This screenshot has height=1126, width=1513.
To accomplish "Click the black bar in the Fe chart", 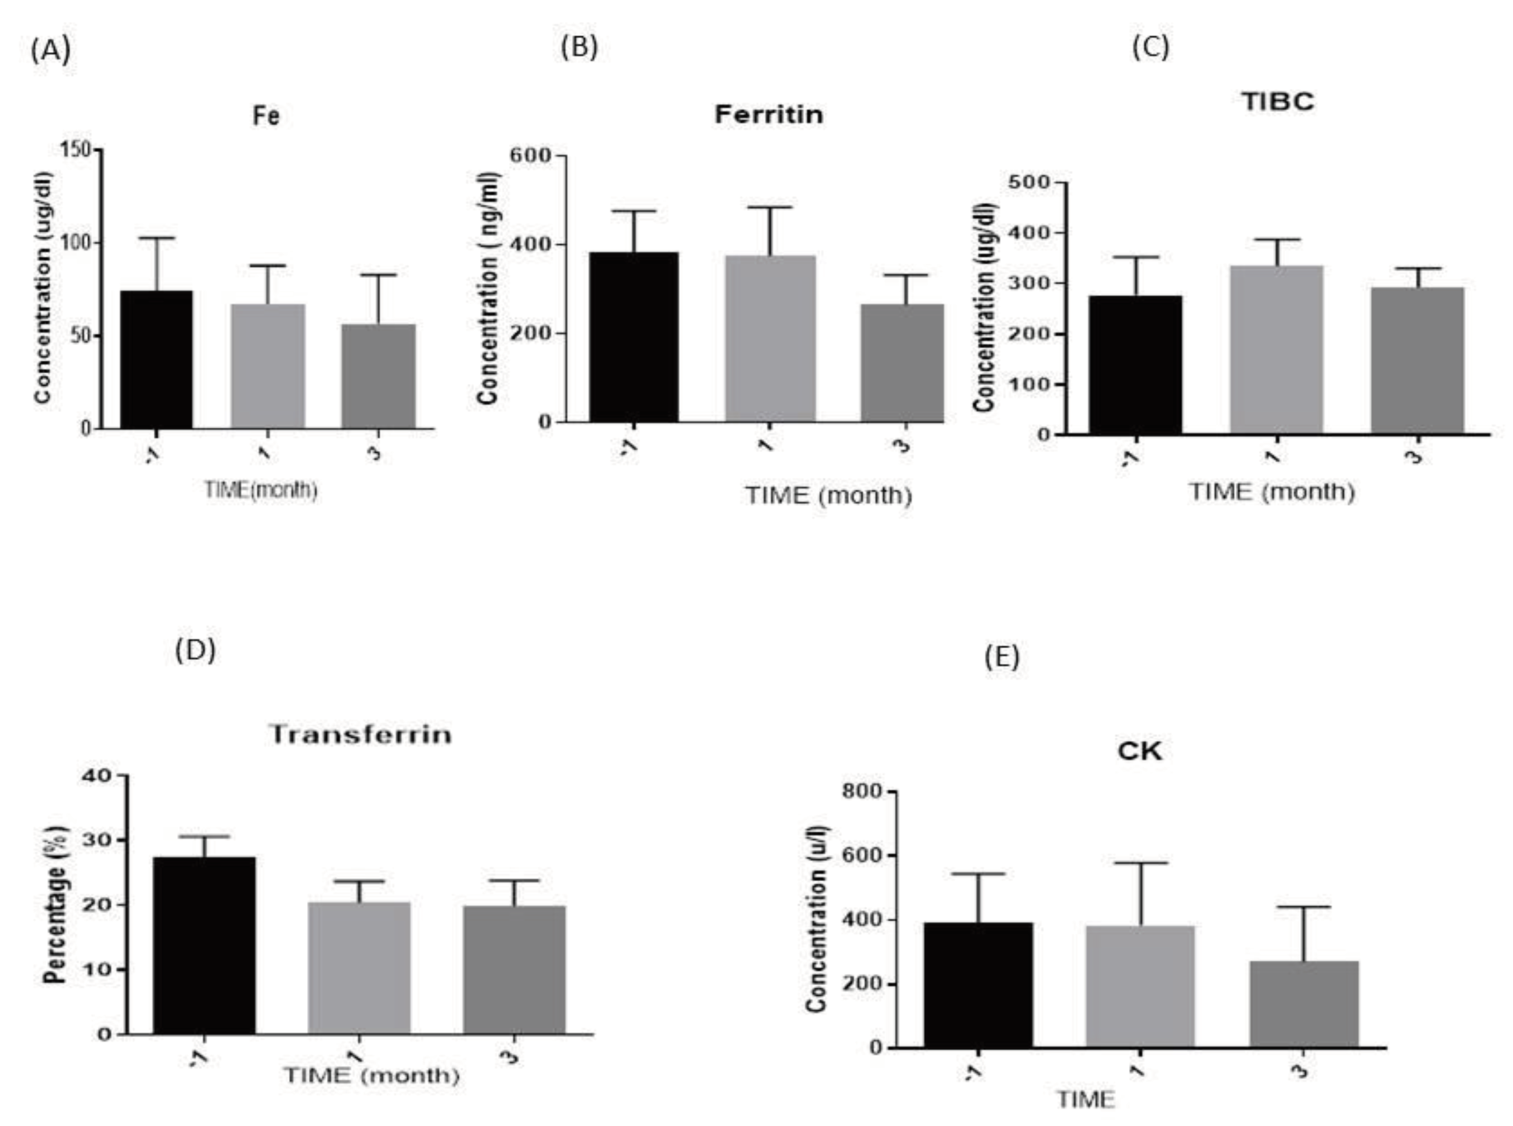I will [156, 359].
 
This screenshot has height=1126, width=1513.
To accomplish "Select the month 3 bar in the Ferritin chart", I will [902, 363].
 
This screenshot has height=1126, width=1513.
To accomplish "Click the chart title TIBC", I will [1278, 102].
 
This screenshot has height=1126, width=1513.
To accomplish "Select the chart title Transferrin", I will [361, 734].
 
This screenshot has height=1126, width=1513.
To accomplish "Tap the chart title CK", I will [1140, 751].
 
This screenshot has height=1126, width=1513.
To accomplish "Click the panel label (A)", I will [50, 51].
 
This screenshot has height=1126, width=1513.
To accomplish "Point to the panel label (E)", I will [1002, 657].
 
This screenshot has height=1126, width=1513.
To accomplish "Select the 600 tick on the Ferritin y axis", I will [529, 155].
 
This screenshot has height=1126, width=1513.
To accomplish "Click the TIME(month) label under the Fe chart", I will [261, 490].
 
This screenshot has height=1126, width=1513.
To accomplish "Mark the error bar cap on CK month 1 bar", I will [1140, 864].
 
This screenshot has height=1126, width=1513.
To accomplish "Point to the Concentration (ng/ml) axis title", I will [489, 288].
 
